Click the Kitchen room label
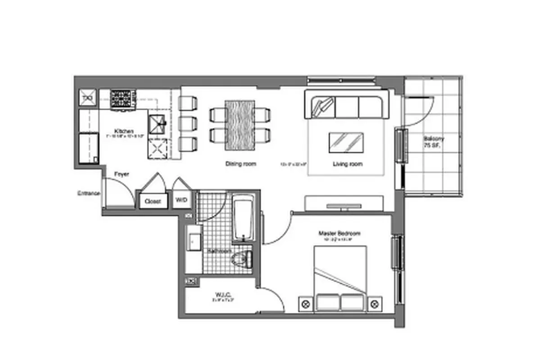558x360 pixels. (x=123, y=131)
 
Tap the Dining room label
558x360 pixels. (x=240, y=164)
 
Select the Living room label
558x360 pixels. (x=347, y=164)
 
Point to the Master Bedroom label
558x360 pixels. (x=339, y=234)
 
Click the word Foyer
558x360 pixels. (x=121, y=174)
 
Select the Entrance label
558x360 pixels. (x=88, y=193)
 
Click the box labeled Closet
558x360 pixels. (x=153, y=201)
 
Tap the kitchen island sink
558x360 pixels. (x=158, y=122)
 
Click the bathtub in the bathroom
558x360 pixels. (x=244, y=218)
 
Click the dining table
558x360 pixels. (x=240, y=125)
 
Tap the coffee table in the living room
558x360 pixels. (x=346, y=142)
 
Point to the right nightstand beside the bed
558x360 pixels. (x=374, y=304)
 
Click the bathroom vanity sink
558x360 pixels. (x=194, y=242)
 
